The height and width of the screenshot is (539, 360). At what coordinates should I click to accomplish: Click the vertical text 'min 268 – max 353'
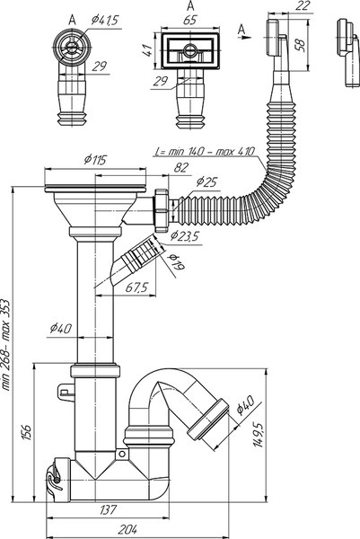pos(8,342)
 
